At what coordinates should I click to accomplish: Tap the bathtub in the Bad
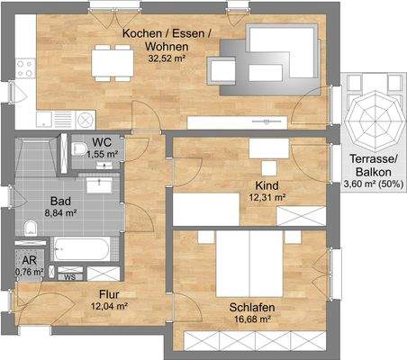pos(81,247)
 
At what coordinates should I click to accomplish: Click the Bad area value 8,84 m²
pos(61,214)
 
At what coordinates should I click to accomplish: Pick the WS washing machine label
pos(69,277)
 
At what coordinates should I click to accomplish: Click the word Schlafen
pos(252,307)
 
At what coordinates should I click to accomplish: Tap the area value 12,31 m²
pos(267,197)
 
